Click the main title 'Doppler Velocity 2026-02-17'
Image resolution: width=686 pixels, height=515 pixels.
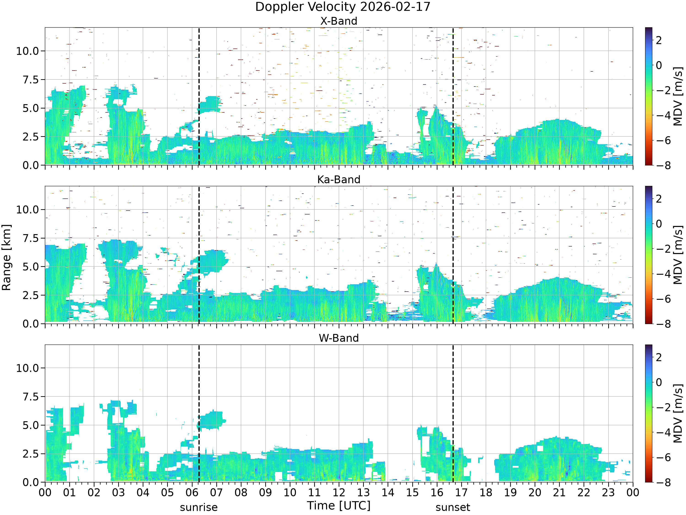343,7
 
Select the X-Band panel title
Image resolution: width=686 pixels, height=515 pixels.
339,21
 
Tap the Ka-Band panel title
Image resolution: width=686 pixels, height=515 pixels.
339,179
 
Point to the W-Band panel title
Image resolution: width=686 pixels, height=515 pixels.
339,338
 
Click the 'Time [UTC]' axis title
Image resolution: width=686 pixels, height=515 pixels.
339,505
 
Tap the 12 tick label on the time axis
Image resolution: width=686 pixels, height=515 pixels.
339,492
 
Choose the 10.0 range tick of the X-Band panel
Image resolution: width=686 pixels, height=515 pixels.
28,51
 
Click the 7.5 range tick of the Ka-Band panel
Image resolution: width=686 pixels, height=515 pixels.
31,238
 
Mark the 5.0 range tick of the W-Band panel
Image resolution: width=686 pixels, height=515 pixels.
31,425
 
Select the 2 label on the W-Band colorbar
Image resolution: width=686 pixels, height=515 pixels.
659,357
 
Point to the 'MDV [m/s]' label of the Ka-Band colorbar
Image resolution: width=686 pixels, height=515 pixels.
678,255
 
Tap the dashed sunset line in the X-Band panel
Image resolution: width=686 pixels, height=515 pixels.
453,96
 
